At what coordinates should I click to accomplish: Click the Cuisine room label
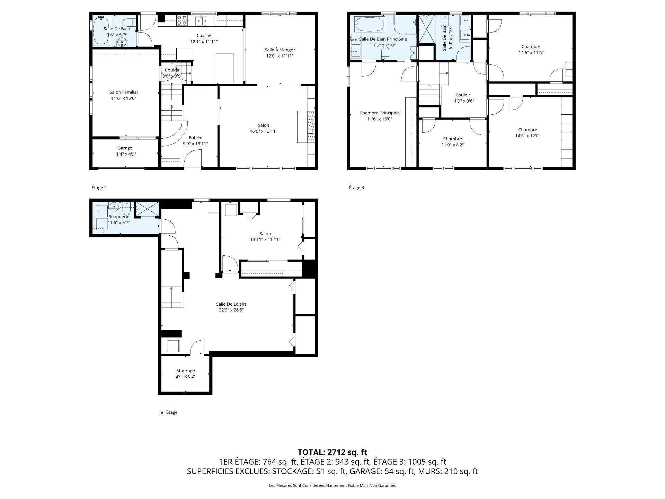tap(204, 35)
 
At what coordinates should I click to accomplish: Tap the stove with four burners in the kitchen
tap(182, 20)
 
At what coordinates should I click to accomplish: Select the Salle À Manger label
tap(280, 50)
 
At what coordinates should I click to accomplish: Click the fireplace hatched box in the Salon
tap(312, 127)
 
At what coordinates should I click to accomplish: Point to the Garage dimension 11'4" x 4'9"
tap(125, 154)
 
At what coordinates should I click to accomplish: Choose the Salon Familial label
tap(124, 92)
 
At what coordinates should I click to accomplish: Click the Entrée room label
tap(195, 138)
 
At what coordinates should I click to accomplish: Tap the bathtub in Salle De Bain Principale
tap(369, 25)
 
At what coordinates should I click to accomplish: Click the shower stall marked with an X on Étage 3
tap(426, 29)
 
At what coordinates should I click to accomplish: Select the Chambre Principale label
tap(380, 113)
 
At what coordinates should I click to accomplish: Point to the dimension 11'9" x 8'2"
tap(452, 145)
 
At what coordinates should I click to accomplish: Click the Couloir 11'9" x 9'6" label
tap(463, 98)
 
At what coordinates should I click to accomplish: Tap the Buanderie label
tap(118, 217)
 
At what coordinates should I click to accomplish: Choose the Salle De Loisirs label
tap(231, 304)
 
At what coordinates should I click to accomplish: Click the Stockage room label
tap(185, 370)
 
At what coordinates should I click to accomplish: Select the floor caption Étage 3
tap(356, 188)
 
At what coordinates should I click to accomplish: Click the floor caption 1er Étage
tap(168, 412)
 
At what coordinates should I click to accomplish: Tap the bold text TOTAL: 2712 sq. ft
tap(332, 452)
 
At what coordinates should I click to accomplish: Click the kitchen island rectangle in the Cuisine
tap(224, 68)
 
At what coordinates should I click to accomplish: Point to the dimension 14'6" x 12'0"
tap(527, 136)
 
